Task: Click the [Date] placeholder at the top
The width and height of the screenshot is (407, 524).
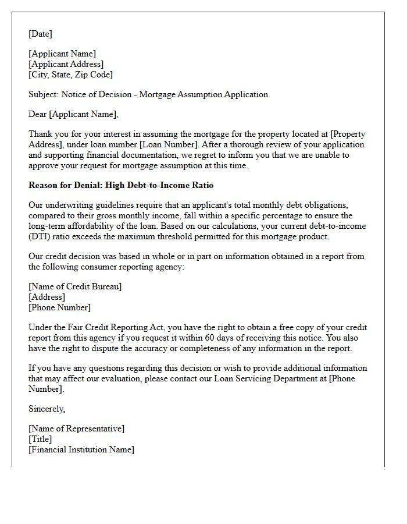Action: [x=40, y=34]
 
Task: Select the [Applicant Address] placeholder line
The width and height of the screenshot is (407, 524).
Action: [x=66, y=64]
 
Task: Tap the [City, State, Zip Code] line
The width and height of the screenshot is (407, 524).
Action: [x=70, y=75]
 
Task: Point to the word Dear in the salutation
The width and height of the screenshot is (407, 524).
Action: [x=38, y=114]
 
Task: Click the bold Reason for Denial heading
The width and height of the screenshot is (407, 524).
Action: [x=121, y=185]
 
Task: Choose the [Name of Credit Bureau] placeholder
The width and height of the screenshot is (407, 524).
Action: [x=75, y=286]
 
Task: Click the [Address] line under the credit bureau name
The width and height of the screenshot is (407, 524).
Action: [x=47, y=297]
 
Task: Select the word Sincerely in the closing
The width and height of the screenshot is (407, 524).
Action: [x=47, y=409]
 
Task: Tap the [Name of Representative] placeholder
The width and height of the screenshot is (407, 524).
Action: [x=76, y=429]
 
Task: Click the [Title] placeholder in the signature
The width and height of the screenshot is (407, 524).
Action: [x=40, y=439]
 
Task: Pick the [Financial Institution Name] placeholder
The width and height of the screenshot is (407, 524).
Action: [x=81, y=449]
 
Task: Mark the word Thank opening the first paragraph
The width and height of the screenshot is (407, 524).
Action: [x=40, y=134]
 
